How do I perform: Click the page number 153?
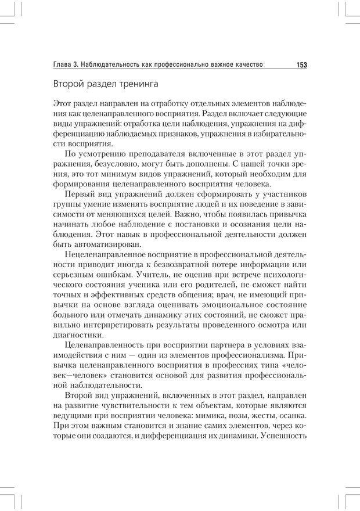pos(301,64)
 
